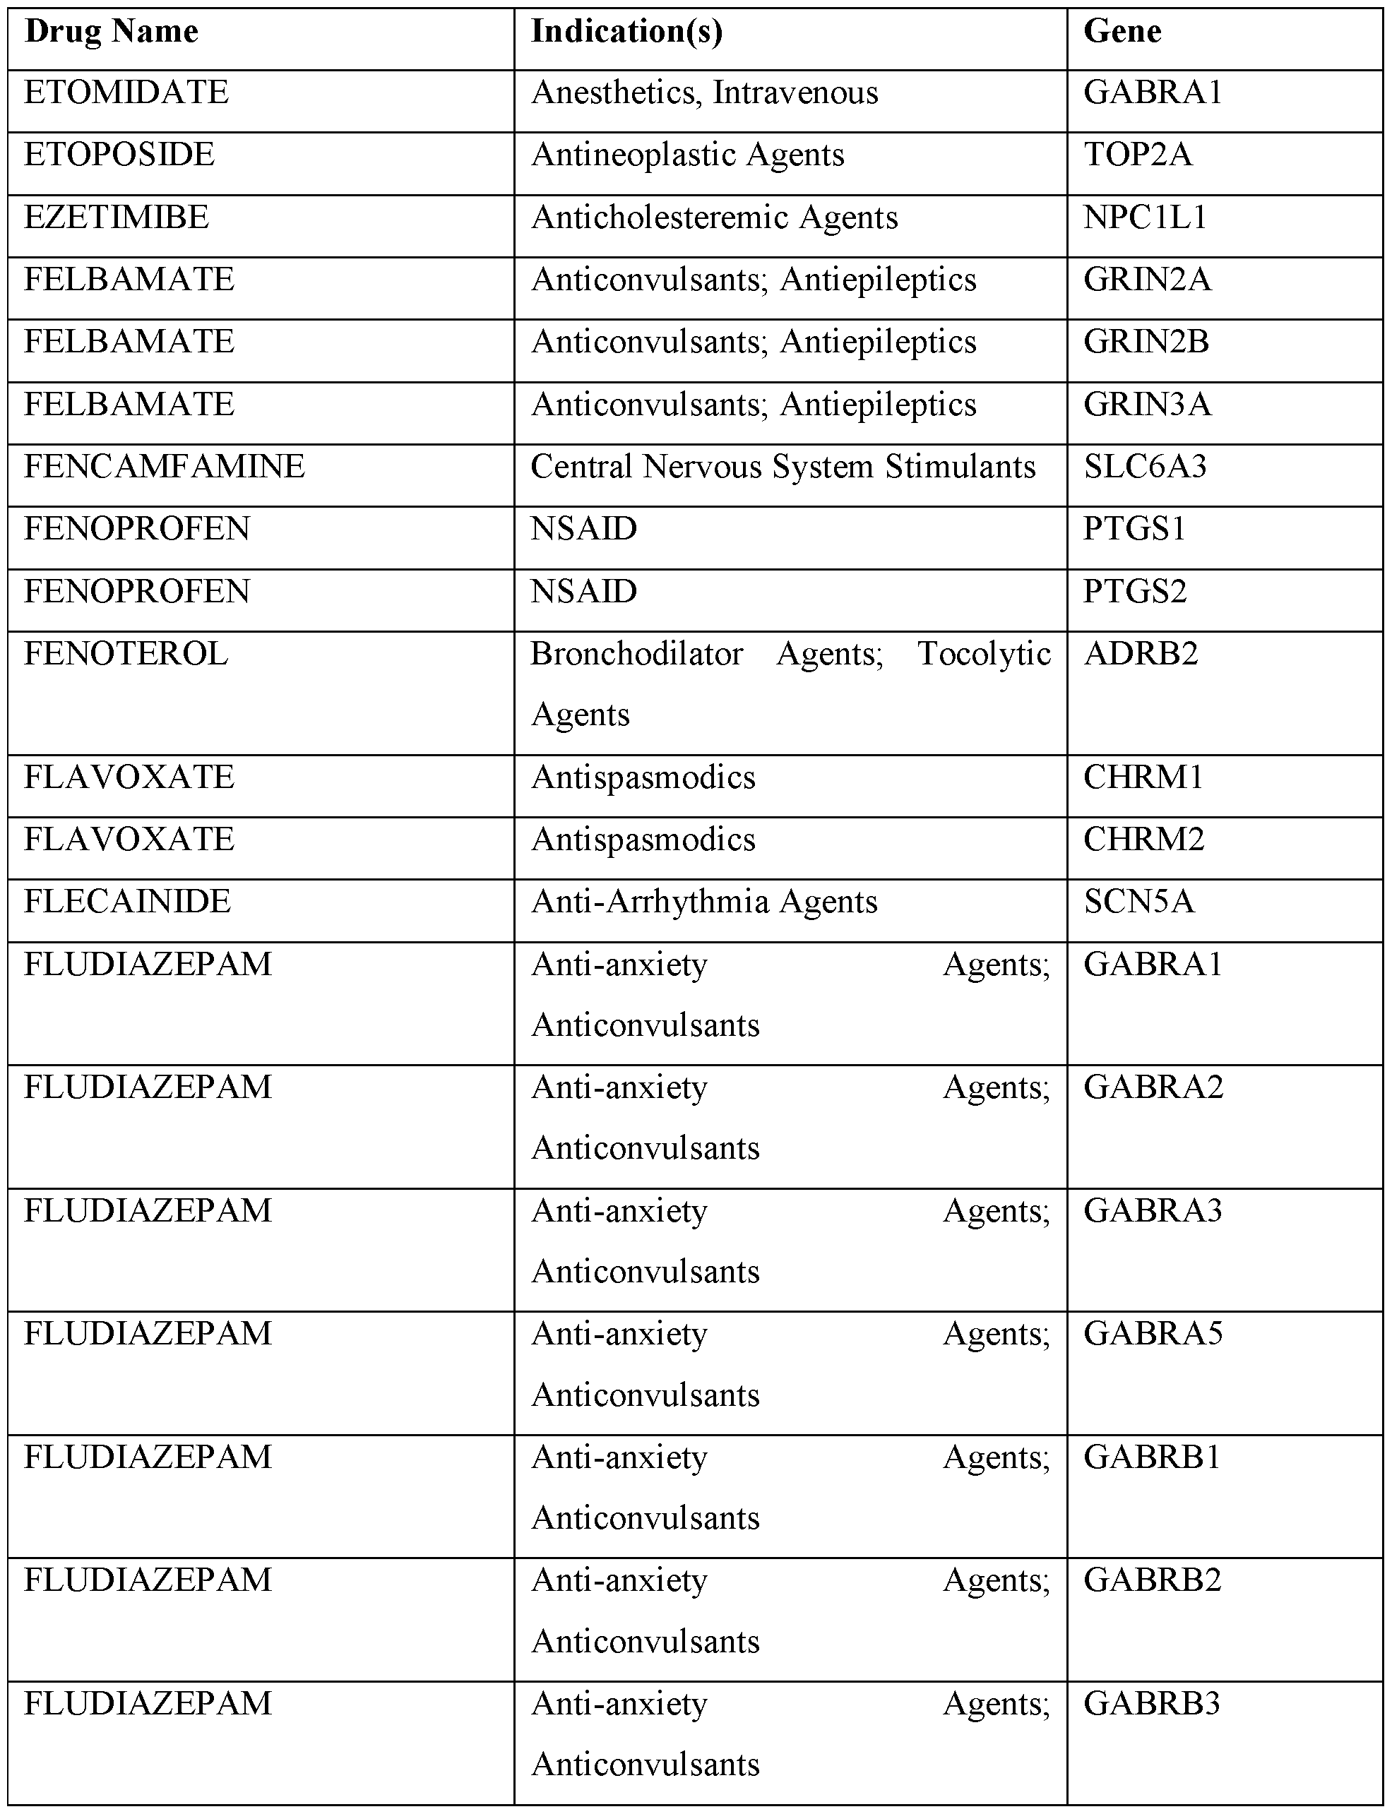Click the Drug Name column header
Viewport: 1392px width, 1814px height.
[x=111, y=32]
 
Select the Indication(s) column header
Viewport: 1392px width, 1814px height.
[x=626, y=32]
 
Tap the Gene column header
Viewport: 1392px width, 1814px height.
[x=1122, y=32]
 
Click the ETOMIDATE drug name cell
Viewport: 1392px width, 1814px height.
[x=126, y=92]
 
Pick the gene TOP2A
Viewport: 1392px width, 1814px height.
[x=1138, y=155]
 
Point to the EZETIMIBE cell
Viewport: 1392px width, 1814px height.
[x=116, y=217]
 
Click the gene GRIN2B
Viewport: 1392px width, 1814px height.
[x=1146, y=342]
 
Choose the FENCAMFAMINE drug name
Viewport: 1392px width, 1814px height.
[x=164, y=466]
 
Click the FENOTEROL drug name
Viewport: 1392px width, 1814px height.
[x=126, y=655]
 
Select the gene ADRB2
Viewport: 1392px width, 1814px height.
[x=1140, y=655]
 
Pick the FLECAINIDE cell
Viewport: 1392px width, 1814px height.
[x=127, y=902]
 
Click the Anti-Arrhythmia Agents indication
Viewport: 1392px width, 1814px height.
[x=704, y=902]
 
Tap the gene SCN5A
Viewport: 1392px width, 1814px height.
[x=1138, y=902]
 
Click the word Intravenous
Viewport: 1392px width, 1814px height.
[x=795, y=93]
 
